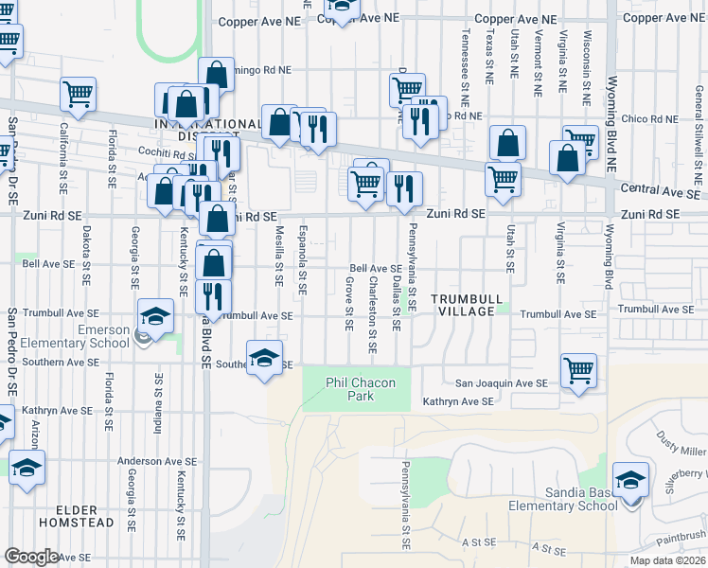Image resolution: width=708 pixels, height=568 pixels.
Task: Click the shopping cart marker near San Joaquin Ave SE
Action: pyautogui.click(x=578, y=372)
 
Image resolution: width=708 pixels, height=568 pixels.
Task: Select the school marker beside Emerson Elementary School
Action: pyautogui.click(x=155, y=317)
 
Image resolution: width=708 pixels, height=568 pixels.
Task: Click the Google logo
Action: pyautogui.click(x=31, y=557)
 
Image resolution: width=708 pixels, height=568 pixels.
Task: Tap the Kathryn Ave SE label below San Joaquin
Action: pyautogui.click(x=458, y=401)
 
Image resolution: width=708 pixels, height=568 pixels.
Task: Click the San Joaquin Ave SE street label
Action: pyautogui.click(x=502, y=383)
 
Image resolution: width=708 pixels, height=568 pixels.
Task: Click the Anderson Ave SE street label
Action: pyautogui.click(x=156, y=461)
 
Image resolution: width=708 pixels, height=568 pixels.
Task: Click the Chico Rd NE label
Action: pyautogui.click(x=652, y=120)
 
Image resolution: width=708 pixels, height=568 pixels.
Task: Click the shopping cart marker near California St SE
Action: pyautogui.click(x=78, y=95)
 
